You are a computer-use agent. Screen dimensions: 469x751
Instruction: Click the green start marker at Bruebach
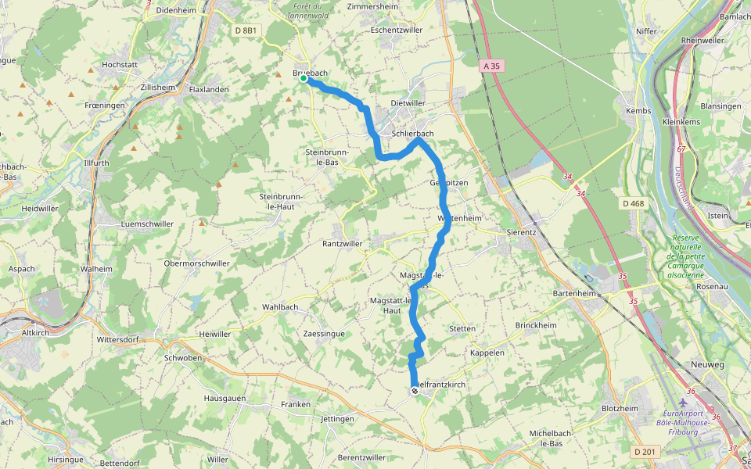point(304,79)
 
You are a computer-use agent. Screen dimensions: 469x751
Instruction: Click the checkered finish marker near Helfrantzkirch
point(414,391)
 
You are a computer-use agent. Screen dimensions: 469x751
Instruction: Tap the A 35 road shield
point(491,66)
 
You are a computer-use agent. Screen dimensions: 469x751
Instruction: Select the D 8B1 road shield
point(245,30)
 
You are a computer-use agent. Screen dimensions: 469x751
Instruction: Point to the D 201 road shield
point(645,451)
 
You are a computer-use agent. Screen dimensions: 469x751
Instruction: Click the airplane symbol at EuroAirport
point(683,403)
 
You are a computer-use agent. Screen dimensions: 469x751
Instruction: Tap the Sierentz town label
point(525,232)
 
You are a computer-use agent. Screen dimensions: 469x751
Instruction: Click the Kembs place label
point(638,112)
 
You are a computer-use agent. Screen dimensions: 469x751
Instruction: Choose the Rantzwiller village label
point(343,244)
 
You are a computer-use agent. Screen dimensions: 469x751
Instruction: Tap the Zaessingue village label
point(324,333)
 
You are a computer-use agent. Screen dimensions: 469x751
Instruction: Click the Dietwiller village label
point(408,103)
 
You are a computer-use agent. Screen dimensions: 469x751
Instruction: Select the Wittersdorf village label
point(117,340)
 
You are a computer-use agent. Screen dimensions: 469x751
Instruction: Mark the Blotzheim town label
point(620,409)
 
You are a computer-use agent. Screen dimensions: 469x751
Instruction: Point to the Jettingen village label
point(337,419)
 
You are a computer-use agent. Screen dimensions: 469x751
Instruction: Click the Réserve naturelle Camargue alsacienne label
point(686,255)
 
